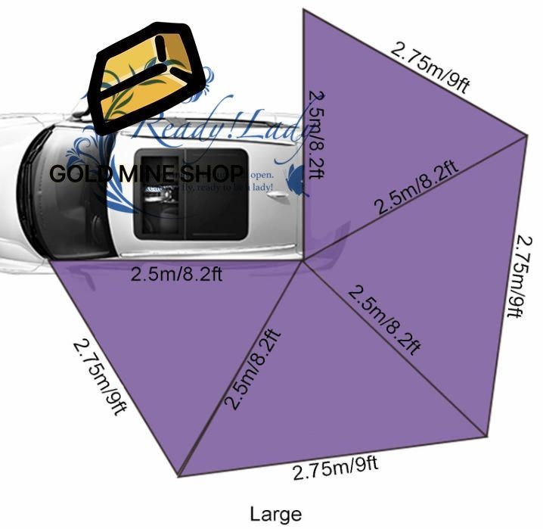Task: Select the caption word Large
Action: pos(275,514)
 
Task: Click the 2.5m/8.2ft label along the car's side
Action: pos(175,273)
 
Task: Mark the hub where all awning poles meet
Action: pos(304,260)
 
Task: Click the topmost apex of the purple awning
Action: pos(304,11)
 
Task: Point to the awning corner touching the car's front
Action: pos(51,262)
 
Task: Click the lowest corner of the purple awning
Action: pos(179,476)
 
